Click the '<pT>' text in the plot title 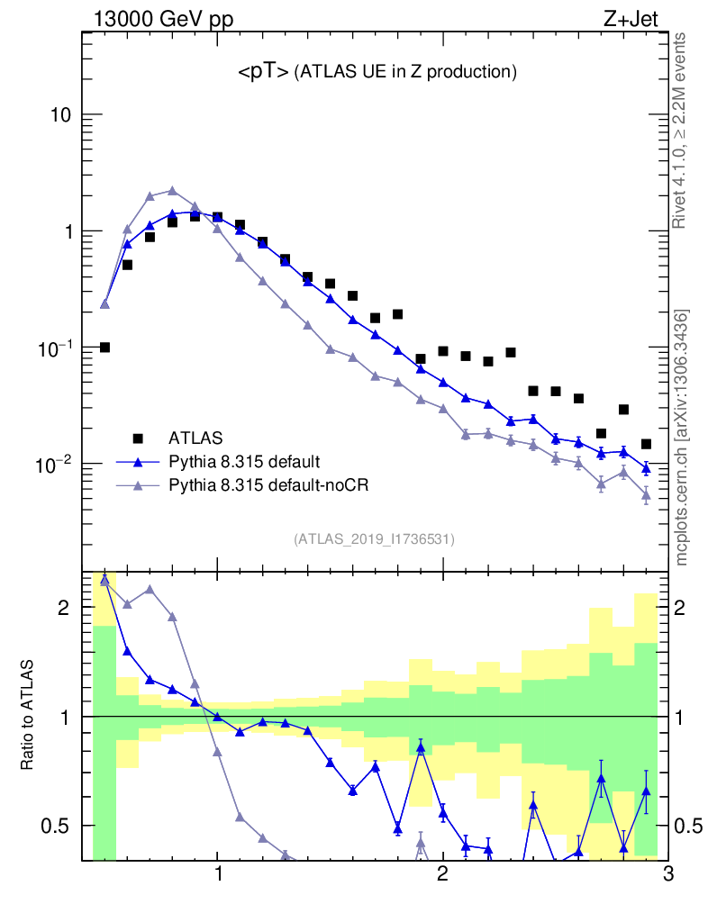coord(263,73)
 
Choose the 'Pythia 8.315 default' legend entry coord(243,462)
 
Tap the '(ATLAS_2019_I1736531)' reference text coord(374,539)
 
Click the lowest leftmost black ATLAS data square coord(104,348)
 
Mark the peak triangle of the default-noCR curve coord(172,191)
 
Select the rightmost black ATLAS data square coord(646,444)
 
